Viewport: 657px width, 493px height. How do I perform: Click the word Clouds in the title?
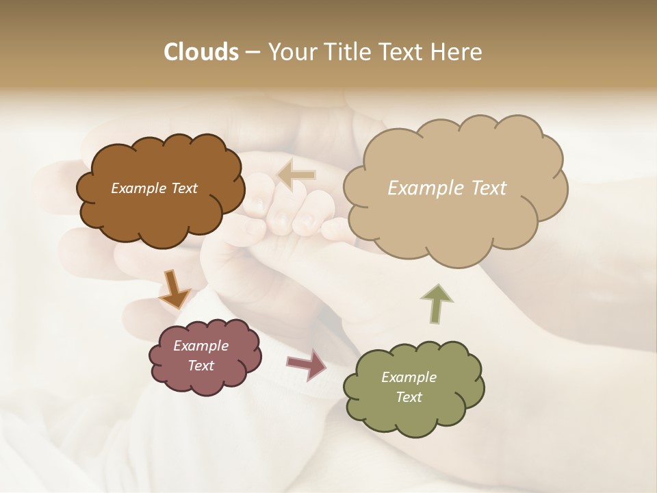(201, 52)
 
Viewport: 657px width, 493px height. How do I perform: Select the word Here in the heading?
(459, 52)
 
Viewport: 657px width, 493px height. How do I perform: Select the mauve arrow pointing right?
(307, 364)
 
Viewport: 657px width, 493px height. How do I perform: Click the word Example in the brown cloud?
(139, 188)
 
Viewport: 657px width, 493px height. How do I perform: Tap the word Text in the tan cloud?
(484, 188)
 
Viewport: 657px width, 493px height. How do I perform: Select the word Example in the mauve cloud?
(201, 346)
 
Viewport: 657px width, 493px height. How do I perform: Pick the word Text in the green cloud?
(409, 397)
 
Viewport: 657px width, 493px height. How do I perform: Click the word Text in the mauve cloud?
(201, 366)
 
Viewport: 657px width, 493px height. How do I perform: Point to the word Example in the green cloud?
(409, 377)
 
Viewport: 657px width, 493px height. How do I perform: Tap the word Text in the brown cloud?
(183, 188)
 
